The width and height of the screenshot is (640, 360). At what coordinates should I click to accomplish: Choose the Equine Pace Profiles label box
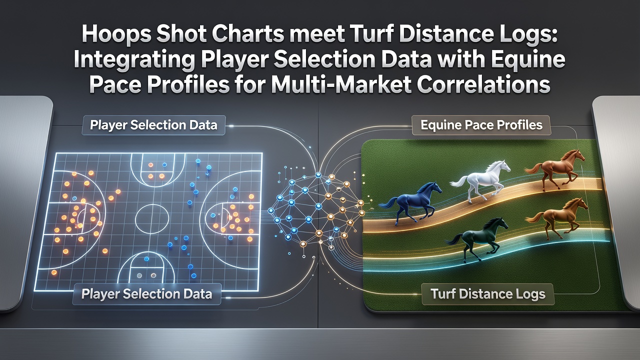tap(481, 125)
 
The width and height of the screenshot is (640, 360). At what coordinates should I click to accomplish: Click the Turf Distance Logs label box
tap(487, 294)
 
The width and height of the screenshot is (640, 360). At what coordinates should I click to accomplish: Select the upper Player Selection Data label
tap(153, 125)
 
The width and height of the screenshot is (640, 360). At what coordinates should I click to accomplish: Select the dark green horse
tap(477, 238)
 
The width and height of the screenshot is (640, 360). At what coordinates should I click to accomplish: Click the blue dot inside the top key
tap(164, 164)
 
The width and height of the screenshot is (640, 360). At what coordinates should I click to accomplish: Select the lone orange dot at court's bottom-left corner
tap(53, 272)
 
